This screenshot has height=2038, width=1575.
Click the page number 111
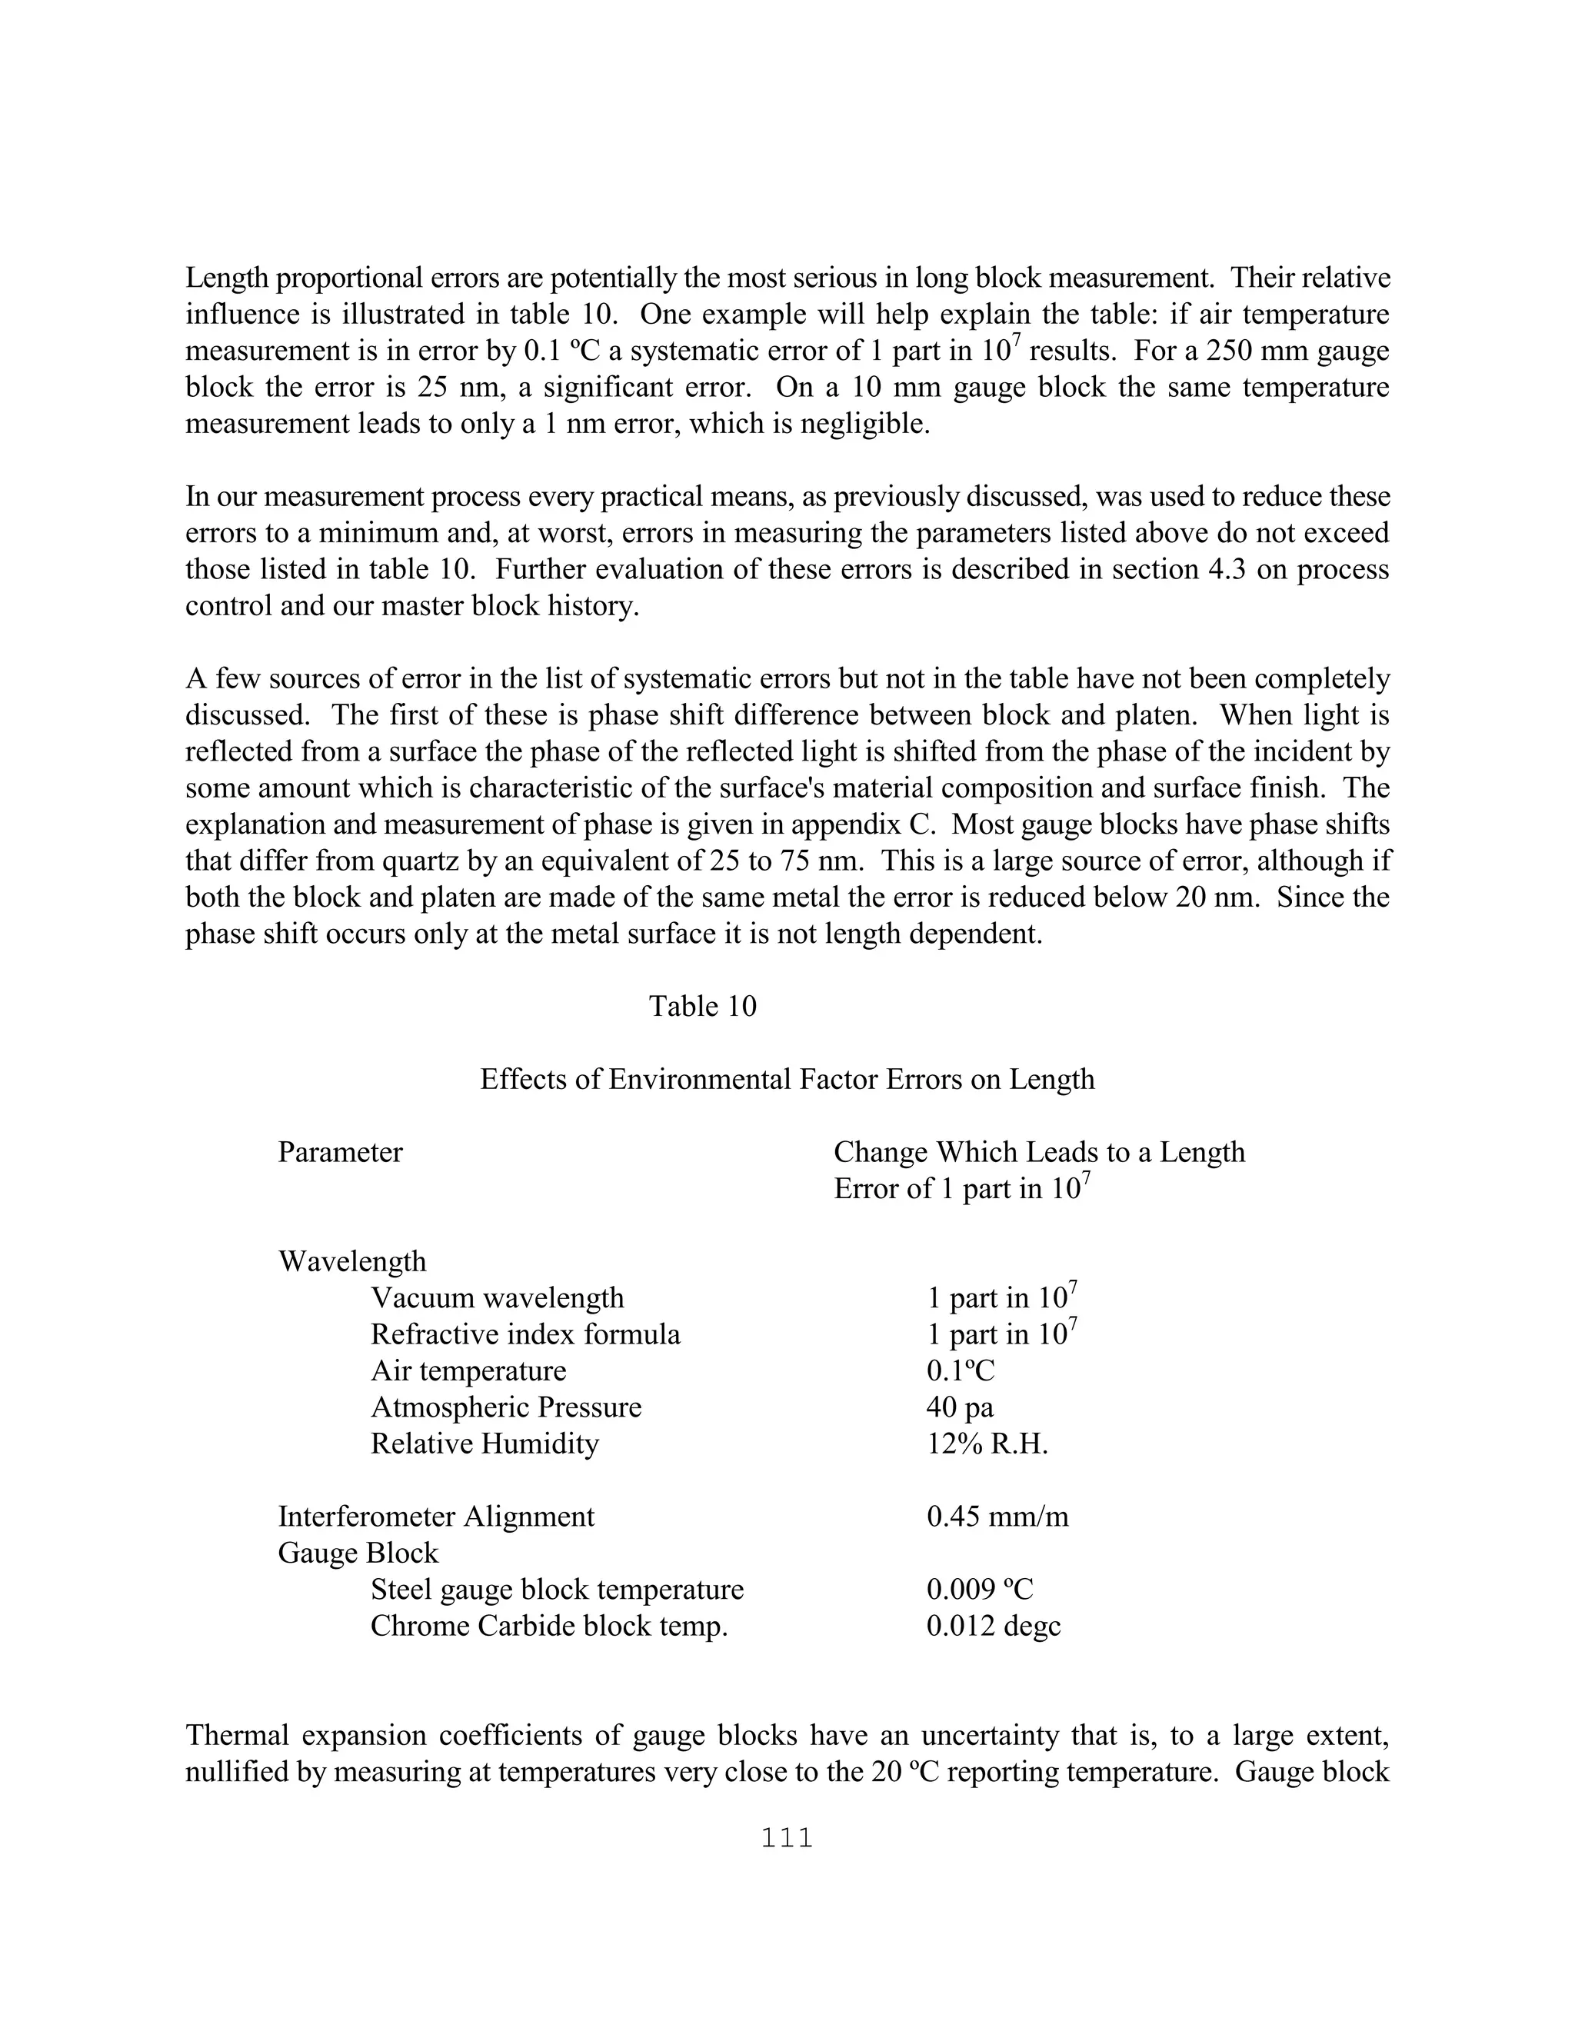click(x=787, y=1838)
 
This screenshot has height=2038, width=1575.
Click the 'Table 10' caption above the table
click(x=703, y=1006)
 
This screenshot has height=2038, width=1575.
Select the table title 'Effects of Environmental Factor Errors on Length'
click(x=787, y=1079)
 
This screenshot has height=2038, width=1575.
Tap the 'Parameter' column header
click(x=340, y=1153)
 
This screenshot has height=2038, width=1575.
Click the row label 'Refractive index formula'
click(x=525, y=1334)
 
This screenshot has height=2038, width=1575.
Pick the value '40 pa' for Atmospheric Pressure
click(x=959, y=1407)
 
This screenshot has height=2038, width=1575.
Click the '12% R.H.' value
click(x=986, y=1444)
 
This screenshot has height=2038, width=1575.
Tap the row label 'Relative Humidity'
click(x=484, y=1444)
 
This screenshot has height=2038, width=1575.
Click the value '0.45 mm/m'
click(x=997, y=1517)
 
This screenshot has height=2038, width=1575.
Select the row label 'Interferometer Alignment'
click(x=436, y=1517)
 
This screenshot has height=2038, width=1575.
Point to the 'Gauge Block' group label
click(x=358, y=1553)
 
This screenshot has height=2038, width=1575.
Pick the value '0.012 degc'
click(x=993, y=1626)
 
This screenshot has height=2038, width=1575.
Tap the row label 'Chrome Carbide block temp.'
click(x=548, y=1626)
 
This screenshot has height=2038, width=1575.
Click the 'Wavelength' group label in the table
click(x=351, y=1261)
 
